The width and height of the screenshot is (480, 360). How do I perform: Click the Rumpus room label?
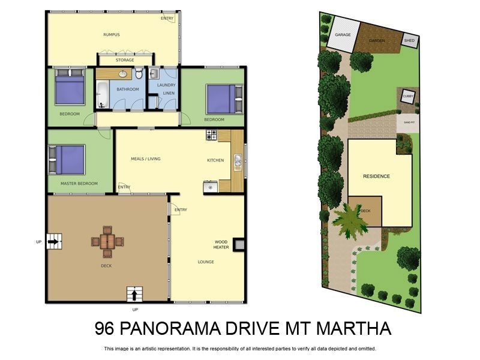(111, 35)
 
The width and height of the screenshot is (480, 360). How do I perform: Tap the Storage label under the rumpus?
(125, 60)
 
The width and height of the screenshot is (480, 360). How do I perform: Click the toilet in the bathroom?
(139, 74)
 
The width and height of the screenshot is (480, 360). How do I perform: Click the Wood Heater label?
(221, 244)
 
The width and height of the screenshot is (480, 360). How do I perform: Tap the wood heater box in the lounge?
(239, 244)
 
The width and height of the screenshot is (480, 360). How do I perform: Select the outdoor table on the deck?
(108, 241)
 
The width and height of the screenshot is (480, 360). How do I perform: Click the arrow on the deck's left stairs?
(54, 242)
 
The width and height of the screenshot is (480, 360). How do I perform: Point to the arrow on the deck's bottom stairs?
(134, 295)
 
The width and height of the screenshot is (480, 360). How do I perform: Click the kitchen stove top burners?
(211, 136)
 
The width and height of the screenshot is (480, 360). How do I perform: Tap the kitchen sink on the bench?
(238, 160)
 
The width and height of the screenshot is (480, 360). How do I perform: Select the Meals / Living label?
(146, 159)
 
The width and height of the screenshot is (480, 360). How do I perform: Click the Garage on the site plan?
(343, 35)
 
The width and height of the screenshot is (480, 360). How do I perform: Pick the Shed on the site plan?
(409, 40)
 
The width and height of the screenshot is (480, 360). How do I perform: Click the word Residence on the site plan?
(376, 176)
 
